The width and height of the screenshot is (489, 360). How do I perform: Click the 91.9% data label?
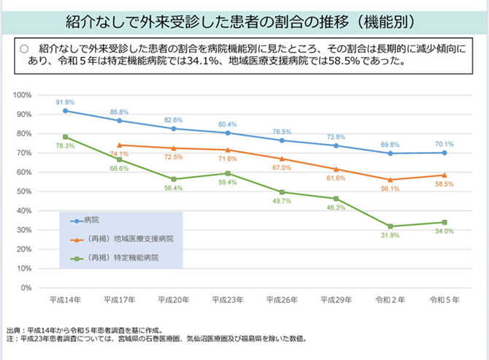click(65, 102)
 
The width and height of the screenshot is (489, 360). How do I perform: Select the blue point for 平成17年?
click(119, 120)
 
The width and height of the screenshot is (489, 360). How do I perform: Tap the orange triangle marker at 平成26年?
click(282, 158)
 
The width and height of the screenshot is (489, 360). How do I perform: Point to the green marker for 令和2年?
click(390, 226)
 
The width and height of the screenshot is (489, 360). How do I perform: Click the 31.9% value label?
click(390, 236)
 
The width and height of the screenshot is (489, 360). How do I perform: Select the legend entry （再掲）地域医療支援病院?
click(125, 239)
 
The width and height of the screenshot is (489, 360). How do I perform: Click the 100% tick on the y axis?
click(41, 96)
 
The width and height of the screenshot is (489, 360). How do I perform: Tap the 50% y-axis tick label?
click(43, 191)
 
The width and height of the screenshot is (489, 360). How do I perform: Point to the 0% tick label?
click(45, 288)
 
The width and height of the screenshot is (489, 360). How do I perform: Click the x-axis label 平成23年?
click(227, 300)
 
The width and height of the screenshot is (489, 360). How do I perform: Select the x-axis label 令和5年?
click(444, 300)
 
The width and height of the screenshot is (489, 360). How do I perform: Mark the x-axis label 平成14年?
click(65, 300)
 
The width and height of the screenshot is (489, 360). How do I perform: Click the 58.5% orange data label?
click(444, 184)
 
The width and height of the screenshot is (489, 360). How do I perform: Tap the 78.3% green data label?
click(65, 146)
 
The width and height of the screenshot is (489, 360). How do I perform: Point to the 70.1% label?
click(444, 144)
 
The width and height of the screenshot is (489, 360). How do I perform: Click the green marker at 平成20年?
click(174, 179)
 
